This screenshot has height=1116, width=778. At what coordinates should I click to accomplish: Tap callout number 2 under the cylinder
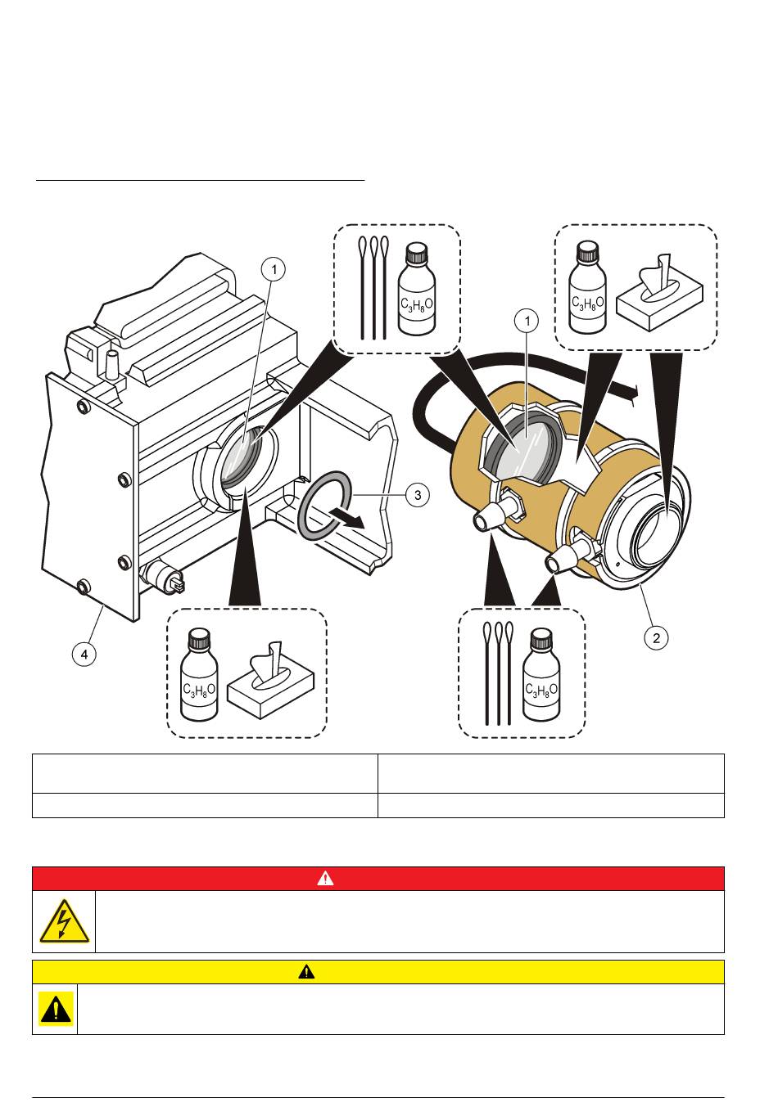click(657, 637)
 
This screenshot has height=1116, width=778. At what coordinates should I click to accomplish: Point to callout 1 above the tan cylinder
click(528, 321)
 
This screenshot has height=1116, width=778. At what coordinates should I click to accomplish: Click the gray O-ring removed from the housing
click(326, 505)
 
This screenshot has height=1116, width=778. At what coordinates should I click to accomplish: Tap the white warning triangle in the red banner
click(326, 879)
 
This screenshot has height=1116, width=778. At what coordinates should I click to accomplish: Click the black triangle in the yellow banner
click(306, 972)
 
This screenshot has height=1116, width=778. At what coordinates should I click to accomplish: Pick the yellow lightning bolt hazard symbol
click(64, 921)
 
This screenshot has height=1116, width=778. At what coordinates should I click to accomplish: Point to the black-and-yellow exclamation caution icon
click(55, 1009)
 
